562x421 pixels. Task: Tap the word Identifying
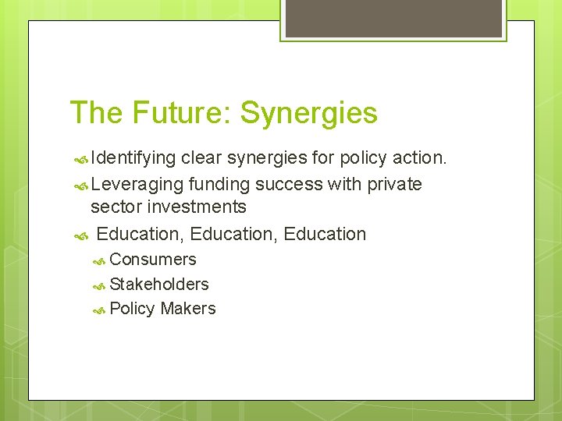pos(133,159)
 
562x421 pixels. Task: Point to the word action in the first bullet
pos(420,158)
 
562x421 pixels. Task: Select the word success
pos(288,185)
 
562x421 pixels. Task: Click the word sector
pos(115,207)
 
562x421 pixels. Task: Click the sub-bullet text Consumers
pos(153,260)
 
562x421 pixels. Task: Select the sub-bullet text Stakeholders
pos(159,285)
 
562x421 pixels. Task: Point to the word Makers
pos(188,309)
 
